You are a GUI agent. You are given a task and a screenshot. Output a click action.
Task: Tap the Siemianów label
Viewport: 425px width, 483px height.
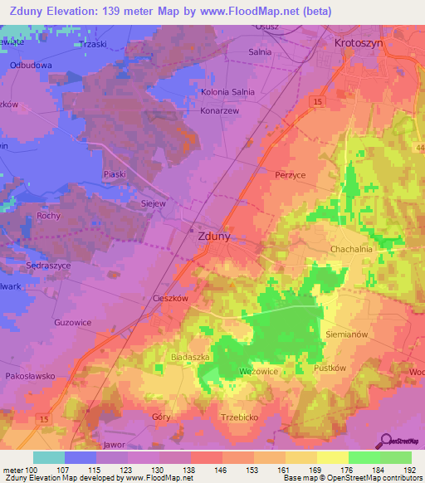click(x=348, y=334)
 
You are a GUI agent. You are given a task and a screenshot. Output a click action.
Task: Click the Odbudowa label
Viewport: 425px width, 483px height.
click(x=32, y=65)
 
